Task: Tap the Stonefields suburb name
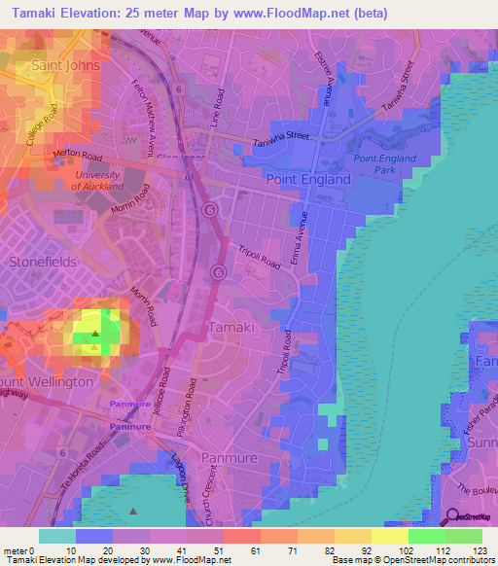(x=41, y=262)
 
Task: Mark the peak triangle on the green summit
(x=95, y=334)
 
